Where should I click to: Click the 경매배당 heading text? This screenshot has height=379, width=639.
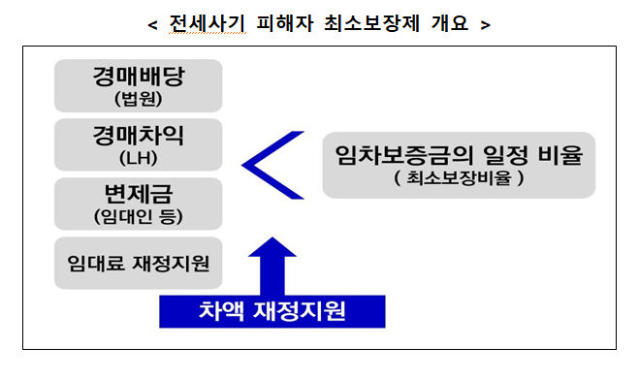(139, 77)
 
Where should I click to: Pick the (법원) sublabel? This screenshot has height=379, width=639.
(139, 98)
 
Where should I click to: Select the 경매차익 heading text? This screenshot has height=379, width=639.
(139, 136)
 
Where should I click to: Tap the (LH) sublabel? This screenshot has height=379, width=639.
(139, 157)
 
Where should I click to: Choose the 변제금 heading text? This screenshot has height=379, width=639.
(139, 195)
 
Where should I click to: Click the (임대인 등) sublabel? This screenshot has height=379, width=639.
(139, 216)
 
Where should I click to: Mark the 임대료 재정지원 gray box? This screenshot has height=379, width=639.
(139, 263)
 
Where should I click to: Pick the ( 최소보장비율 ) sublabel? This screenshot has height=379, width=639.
(459, 178)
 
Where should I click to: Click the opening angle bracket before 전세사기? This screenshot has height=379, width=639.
(152, 24)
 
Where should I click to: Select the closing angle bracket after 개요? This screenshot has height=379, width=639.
(485, 24)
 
